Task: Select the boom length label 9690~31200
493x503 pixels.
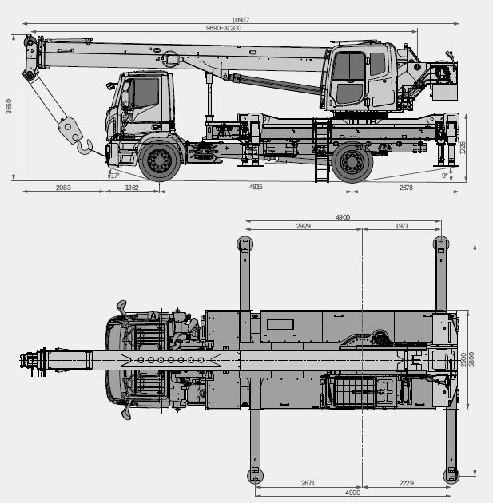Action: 224,28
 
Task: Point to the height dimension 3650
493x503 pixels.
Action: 9,106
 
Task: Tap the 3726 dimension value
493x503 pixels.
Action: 463,148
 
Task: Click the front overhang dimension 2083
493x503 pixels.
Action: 63,187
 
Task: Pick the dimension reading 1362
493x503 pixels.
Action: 133,187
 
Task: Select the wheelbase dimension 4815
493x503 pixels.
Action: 256,187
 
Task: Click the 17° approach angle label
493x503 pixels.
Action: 114,176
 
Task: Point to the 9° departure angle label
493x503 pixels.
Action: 445,176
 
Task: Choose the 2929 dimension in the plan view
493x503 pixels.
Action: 304,227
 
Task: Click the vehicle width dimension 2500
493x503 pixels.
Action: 463,360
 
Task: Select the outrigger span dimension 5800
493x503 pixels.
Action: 473,360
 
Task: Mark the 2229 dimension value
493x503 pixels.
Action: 406,484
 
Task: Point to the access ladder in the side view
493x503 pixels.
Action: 321,152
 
